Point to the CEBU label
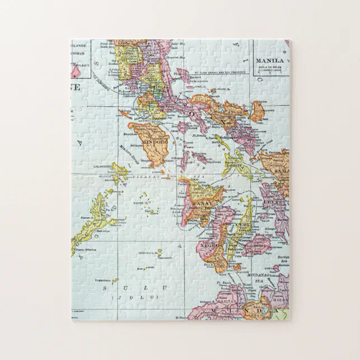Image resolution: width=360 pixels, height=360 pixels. click(242, 226)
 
